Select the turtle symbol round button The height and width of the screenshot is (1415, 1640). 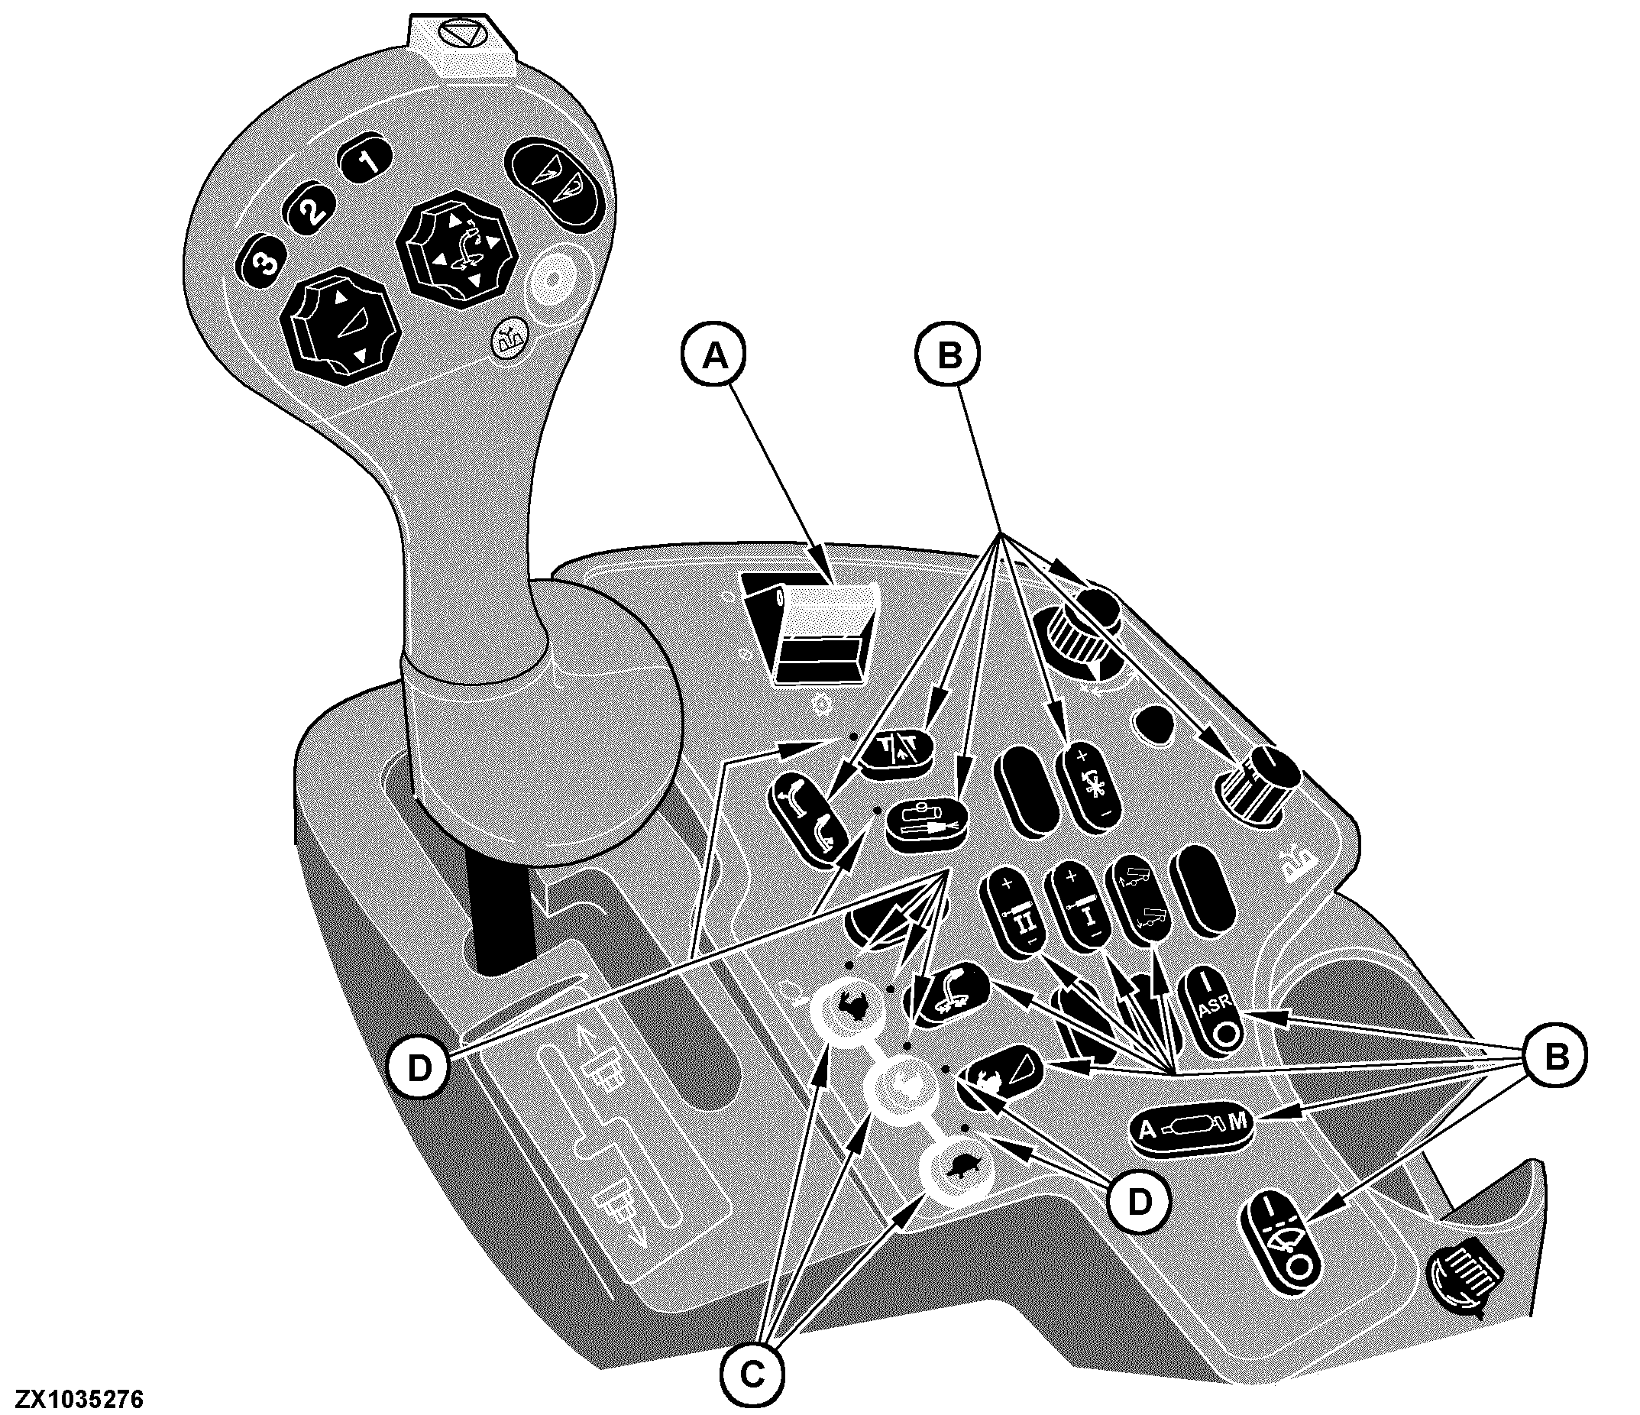point(959,1171)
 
